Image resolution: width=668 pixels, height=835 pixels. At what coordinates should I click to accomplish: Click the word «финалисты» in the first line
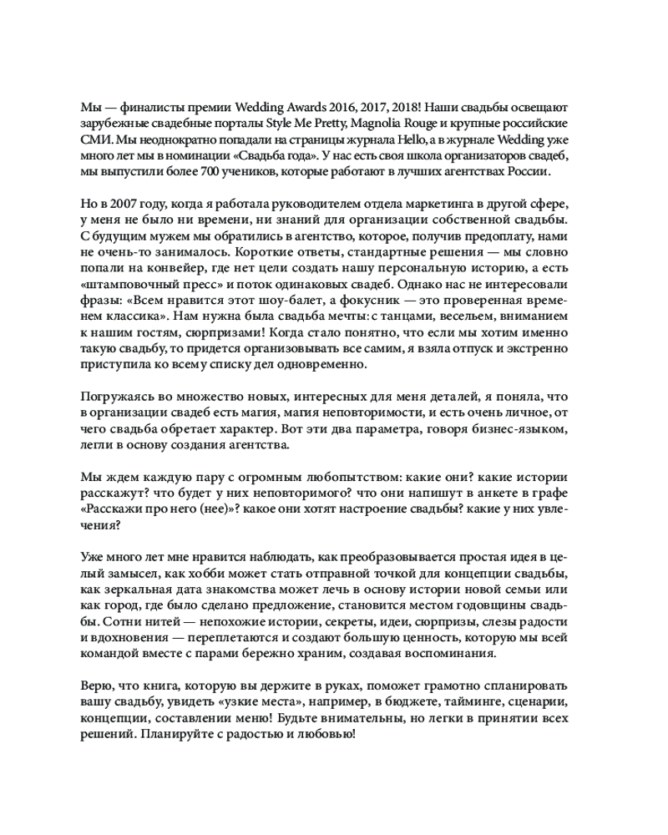pos(148,108)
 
